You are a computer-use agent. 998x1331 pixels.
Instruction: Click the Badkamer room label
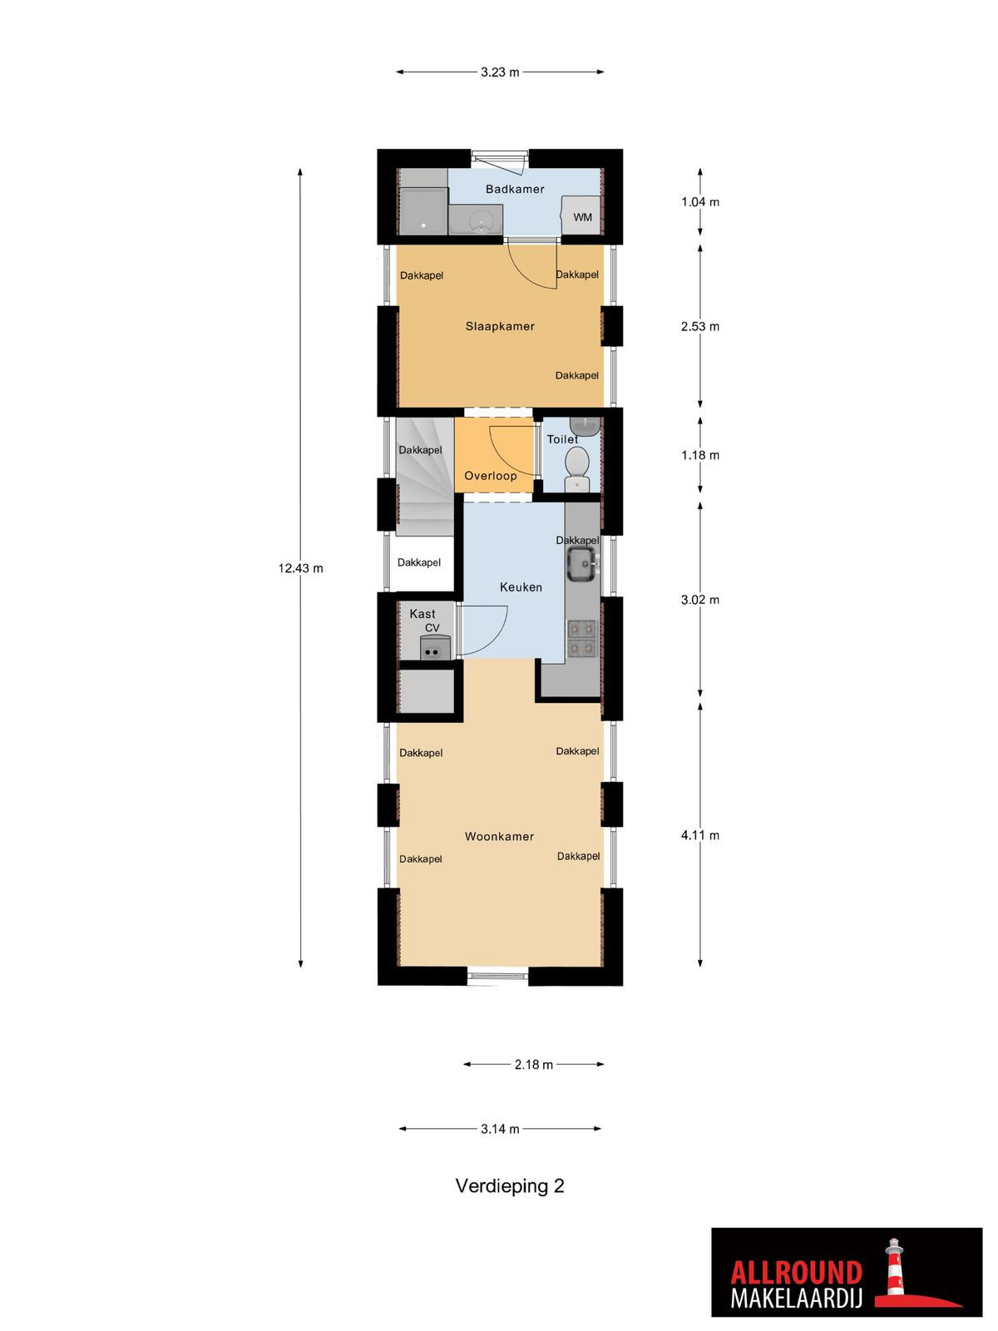[x=515, y=189]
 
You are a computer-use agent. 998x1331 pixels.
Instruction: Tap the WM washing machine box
[x=581, y=215]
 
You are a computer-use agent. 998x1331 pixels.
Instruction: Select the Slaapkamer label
[x=500, y=326]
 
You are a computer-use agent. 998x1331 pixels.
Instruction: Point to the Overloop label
[x=490, y=476]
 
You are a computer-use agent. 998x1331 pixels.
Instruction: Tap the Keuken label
[x=521, y=587]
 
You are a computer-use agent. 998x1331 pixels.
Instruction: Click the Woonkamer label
[x=499, y=837]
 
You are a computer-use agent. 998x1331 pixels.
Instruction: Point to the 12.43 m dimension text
[x=300, y=568]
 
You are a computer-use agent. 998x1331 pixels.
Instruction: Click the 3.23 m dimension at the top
[x=500, y=72]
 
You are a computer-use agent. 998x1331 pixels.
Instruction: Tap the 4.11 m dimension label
[x=700, y=835]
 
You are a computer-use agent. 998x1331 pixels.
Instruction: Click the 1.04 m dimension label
[x=700, y=202]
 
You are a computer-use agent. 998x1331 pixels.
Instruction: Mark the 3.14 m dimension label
[x=500, y=1129]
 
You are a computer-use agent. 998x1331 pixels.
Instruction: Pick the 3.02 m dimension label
[x=700, y=600]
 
